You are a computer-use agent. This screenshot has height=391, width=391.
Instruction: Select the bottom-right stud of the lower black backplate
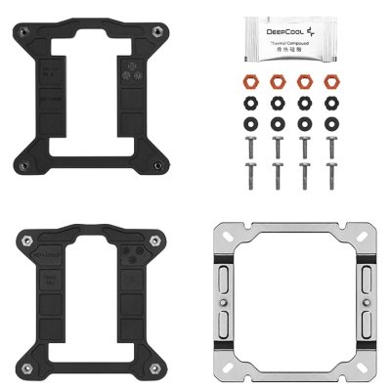coord(156,367)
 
